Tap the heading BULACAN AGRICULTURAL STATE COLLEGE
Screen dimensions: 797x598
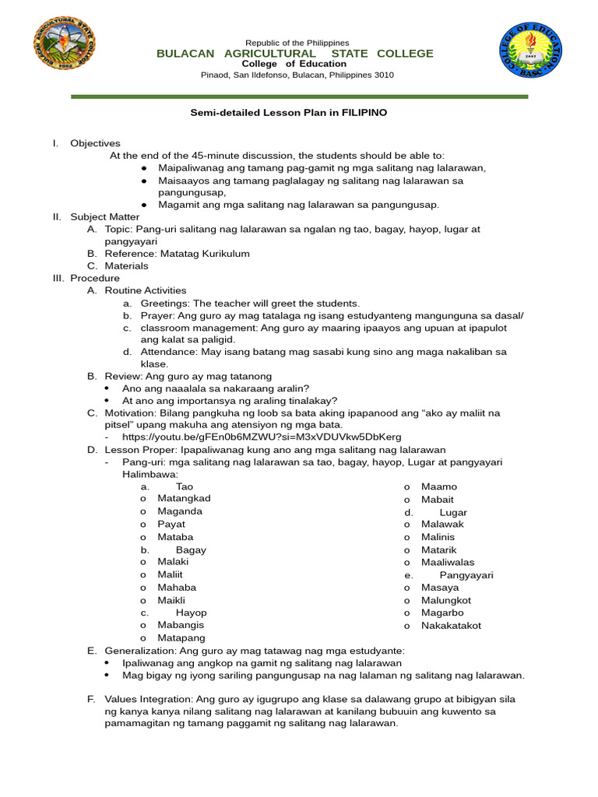click(295, 53)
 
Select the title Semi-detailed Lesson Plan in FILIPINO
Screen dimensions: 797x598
click(289, 113)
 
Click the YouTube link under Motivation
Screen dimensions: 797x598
click(262, 437)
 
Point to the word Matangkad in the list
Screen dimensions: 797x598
click(184, 498)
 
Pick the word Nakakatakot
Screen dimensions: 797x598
click(451, 625)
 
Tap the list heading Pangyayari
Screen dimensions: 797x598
click(466, 575)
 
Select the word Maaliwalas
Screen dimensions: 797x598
click(447, 562)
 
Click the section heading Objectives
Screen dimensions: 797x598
click(95, 143)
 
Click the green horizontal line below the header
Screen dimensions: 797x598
click(299, 97)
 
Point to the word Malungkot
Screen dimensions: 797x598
click(445, 600)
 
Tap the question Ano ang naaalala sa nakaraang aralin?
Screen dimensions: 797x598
click(216, 388)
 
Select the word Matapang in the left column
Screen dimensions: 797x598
click(181, 637)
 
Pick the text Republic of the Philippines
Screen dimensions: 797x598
click(297, 42)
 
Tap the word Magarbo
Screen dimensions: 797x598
click(441, 613)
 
